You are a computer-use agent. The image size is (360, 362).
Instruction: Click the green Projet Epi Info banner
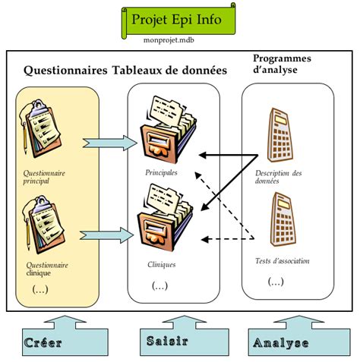tap(178, 20)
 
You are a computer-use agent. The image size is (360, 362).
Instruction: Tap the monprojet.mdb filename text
tap(169, 40)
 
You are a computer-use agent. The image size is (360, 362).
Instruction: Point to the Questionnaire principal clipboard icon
tap(40, 129)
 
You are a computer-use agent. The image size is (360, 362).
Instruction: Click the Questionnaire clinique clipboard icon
tap(43, 225)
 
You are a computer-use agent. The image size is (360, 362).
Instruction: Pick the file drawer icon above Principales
tap(169, 129)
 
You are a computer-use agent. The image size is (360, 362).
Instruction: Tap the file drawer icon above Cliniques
tap(165, 218)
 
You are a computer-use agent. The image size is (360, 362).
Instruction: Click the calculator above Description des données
tap(280, 135)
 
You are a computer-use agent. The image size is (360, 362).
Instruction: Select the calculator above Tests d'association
tap(283, 219)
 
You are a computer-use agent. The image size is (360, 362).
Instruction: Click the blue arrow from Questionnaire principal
tap(110, 143)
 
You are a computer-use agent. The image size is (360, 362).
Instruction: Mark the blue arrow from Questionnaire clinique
tap(106, 235)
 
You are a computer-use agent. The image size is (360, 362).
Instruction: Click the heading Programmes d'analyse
tap(282, 64)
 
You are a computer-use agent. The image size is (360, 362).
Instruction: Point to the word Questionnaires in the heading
tap(65, 71)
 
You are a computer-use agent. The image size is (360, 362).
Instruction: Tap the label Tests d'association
tap(282, 261)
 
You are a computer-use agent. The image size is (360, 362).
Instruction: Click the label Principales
tap(161, 172)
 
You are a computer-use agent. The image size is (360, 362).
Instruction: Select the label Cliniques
tap(162, 265)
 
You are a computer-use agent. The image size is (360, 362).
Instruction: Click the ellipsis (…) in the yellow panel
tap(40, 289)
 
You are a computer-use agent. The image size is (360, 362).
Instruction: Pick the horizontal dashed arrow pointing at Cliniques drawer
tap(227, 239)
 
